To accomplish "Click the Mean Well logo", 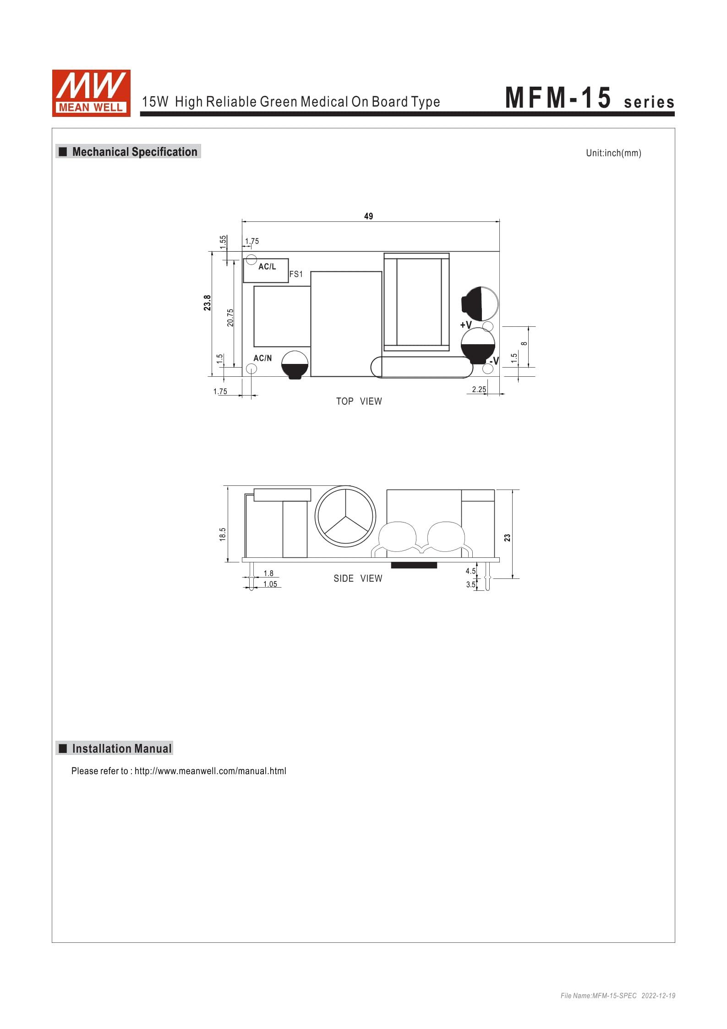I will tap(91, 93).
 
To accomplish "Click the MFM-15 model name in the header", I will tap(558, 98).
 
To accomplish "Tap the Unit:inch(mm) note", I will tap(613, 153).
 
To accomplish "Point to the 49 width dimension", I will tap(369, 216).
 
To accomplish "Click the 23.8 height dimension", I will tap(208, 303).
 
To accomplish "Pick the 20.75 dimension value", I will tap(230, 317).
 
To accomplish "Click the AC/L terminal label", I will tap(268, 267).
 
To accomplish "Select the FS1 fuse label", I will tap(296, 275).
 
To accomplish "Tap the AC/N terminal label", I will tap(262, 358).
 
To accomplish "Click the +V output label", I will tap(466, 325).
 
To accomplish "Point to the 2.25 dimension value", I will tap(479, 390).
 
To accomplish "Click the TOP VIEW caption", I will tap(359, 402).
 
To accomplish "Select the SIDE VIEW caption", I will tap(358, 578).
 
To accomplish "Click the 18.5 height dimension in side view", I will tap(223, 534).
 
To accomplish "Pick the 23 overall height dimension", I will tap(507, 537).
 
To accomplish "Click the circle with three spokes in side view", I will tap(345, 516).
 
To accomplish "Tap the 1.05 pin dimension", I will tap(270, 584).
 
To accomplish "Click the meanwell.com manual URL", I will tap(210, 771).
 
